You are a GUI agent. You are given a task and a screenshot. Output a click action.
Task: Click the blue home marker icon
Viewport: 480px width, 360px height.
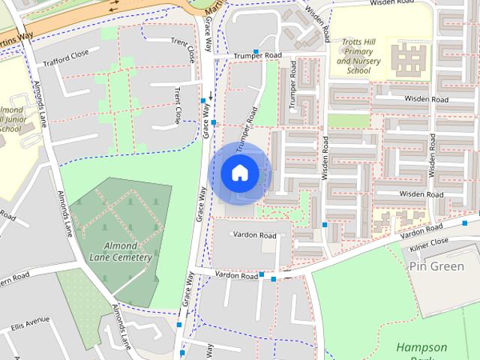[x=239, y=173]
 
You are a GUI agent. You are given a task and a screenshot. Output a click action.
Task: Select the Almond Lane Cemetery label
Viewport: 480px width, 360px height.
[x=121, y=251]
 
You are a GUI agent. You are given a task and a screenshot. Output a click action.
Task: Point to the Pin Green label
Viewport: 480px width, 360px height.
[x=436, y=266]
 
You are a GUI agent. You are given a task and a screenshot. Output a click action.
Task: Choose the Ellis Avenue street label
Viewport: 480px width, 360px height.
[x=29, y=325]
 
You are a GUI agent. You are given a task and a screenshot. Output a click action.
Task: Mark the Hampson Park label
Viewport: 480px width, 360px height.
[x=421, y=352]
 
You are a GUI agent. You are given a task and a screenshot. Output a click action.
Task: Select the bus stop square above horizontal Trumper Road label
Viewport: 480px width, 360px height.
[x=256, y=52]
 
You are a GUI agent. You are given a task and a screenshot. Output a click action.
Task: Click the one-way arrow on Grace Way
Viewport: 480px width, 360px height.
[x=211, y=97]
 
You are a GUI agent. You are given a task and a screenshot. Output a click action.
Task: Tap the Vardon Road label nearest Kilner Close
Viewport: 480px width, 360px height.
[x=421, y=231]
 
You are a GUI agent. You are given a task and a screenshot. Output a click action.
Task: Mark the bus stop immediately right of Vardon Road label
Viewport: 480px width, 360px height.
[x=261, y=274]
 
